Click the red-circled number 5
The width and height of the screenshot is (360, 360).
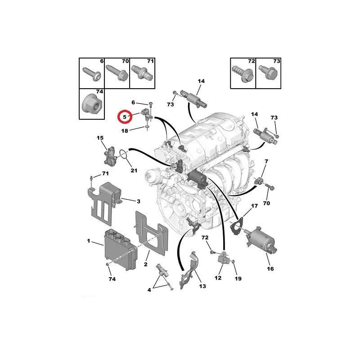pyautogui.click(x=125, y=117)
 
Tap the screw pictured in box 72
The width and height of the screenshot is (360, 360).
pyautogui.click(x=243, y=73)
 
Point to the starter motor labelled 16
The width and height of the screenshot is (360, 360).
pyautogui.click(x=261, y=239)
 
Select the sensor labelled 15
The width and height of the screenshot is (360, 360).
pyautogui.click(x=110, y=155)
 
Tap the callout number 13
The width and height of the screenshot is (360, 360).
pyautogui.click(x=202, y=286)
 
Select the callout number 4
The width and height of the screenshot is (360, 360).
pyautogui.click(x=149, y=290)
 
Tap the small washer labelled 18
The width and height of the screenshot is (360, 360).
pyautogui.click(x=147, y=126)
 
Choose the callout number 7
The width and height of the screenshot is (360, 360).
pyautogui.click(x=266, y=162)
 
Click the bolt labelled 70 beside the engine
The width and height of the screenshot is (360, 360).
pyautogui.click(x=270, y=187)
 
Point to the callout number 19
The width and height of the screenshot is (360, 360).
pyautogui.click(x=238, y=279)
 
